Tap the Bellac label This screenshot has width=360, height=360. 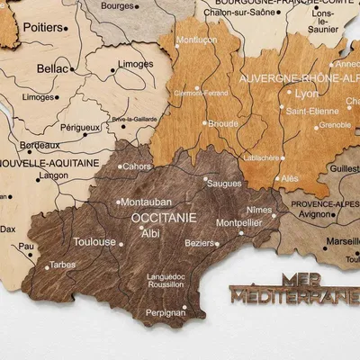[x=52, y=67]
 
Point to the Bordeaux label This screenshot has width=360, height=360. [x=40, y=145]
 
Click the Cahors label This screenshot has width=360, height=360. [x=137, y=166]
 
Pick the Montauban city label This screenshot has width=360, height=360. [x=146, y=202]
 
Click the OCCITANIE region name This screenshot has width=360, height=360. [x=163, y=218]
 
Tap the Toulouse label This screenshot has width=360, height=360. [x=94, y=242]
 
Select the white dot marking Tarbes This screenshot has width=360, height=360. [x=47, y=267]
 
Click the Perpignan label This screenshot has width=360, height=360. [x=166, y=312]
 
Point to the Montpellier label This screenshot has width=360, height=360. [x=238, y=222]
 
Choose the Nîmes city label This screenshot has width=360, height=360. [x=258, y=210]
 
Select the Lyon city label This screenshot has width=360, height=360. [x=307, y=93]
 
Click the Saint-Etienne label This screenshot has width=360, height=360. [x=311, y=111]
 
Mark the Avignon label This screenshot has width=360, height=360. [x=315, y=214]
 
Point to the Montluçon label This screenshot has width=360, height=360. [x=197, y=40]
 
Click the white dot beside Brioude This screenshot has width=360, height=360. [x=205, y=123]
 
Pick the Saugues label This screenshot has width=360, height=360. [x=224, y=184]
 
